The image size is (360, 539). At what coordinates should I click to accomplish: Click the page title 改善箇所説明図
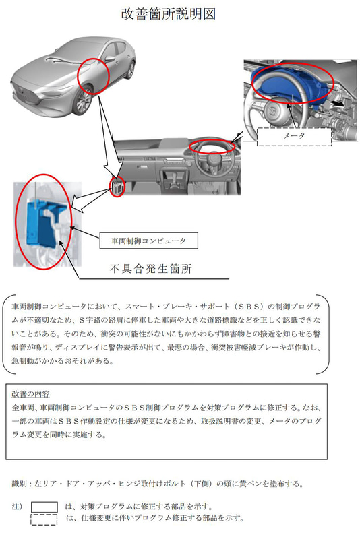(x=169, y=14)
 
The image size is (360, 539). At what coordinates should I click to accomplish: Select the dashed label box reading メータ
(x=293, y=135)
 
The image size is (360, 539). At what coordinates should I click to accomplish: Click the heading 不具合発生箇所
(x=151, y=269)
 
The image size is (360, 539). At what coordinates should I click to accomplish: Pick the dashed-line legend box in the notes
(x=44, y=519)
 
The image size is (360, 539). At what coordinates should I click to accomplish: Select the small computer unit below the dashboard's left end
(x=117, y=186)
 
